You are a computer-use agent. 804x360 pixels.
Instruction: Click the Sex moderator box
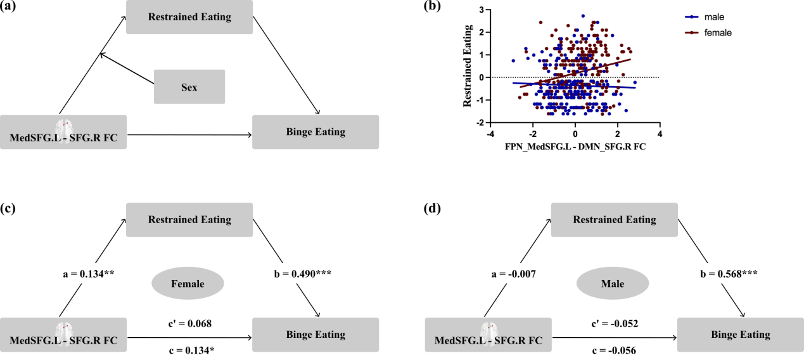pyautogui.click(x=189, y=86)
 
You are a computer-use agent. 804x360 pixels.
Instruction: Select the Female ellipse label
pyautogui.click(x=187, y=283)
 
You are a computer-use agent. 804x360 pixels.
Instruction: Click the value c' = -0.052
pyautogui.click(x=615, y=323)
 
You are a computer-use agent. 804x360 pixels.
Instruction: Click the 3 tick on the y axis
pyautogui.click(x=482, y=10)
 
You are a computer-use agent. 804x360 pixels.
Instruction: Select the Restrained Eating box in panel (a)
pyautogui.click(x=189, y=17)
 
